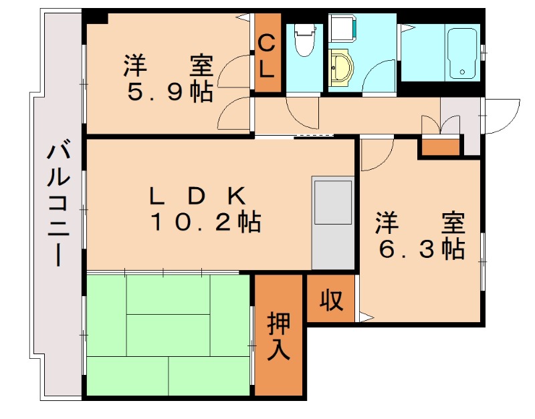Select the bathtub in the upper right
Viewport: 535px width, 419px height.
click(461, 53)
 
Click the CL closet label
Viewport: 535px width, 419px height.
click(266, 56)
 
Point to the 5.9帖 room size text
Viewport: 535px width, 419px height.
click(170, 92)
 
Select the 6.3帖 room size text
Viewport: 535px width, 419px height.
click(421, 249)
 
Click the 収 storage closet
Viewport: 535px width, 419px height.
click(330, 300)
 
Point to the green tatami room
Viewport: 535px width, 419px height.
click(167, 334)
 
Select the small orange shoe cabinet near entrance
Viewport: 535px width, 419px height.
click(440, 146)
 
